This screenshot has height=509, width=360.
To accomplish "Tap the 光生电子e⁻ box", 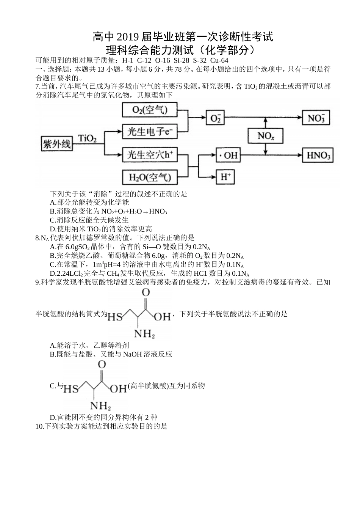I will (x=150, y=132).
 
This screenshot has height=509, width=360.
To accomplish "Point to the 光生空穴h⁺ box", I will (x=150, y=155).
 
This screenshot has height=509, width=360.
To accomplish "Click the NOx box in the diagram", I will (x=266, y=136).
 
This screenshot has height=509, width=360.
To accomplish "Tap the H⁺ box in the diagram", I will (x=226, y=177).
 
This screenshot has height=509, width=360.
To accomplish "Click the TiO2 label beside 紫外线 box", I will (x=87, y=139).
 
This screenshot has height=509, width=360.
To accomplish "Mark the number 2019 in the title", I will (x=128, y=37).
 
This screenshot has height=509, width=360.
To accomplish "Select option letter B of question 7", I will (x=53, y=211).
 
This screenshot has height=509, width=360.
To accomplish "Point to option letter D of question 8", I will (x=53, y=273).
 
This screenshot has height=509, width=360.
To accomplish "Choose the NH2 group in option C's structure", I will (x=100, y=405).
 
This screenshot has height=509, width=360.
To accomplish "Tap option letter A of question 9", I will (x=53, y=345).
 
